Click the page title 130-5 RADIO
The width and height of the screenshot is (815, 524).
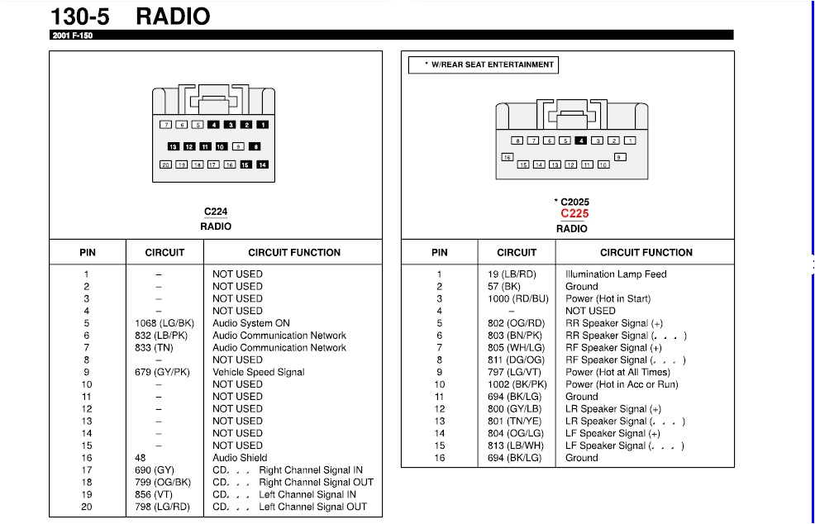coord(131,16)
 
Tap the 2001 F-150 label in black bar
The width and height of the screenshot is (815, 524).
coord(72,36)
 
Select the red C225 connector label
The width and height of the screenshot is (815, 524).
coord(574,213)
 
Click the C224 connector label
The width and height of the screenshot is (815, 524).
coord(216,212)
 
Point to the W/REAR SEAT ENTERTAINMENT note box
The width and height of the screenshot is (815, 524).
coord(484,64)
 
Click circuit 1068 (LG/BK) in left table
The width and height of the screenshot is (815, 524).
coord(164,323)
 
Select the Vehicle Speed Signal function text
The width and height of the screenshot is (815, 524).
coord(258,372)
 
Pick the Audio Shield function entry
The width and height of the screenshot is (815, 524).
coord(240,458)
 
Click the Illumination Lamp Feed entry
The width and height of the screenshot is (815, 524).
coord(616,274)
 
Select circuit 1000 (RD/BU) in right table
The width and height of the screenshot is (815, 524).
coord(517,299)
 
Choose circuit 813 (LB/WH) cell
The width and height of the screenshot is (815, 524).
coord(515,445)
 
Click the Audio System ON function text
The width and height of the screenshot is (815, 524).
coord(251,323)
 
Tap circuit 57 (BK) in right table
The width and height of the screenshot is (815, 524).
coord(504,287)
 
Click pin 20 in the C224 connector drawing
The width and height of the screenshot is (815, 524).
coord(165,164)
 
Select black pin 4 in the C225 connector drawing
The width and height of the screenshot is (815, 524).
coord(581,141)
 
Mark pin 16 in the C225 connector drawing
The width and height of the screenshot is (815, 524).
coord(508,157)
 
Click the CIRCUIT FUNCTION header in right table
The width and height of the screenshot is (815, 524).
coord(646,253)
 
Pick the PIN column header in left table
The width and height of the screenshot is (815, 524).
coord(88,253)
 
